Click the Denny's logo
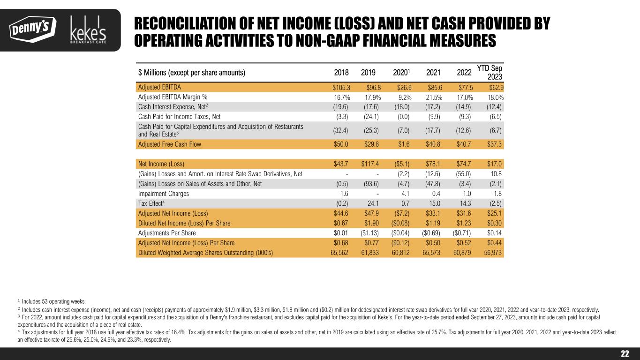[x=32, y=29]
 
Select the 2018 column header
[x=341, y=73]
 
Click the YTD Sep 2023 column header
[x=490, y=73]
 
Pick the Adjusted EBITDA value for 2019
[x=373, y=87]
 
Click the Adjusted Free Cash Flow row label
[x=169, y=144]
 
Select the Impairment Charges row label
[x=164, y=194]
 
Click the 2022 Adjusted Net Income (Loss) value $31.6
[x=463, y=213]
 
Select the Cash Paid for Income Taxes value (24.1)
[x=372, y=117]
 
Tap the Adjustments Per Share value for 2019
[x=370, y=233]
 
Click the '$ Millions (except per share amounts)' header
[x=192, y=73]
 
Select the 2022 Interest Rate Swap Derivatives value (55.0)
[x=462, y=174]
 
